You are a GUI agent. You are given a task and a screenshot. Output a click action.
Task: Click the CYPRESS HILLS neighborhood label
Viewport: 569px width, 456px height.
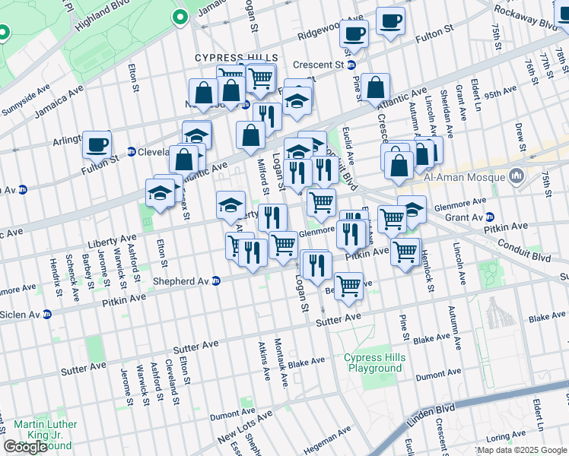pyautogui.click(x=237, y=58)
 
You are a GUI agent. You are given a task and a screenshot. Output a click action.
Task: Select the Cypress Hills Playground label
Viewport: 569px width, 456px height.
pyautogui.click(x=373, y=363)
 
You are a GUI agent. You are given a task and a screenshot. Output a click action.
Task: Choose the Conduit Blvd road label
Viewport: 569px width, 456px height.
pyautogui.click(x=524, y=251)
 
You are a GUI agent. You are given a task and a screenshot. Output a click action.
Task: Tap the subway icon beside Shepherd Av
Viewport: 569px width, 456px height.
pyautogui.click(x=216, y=280)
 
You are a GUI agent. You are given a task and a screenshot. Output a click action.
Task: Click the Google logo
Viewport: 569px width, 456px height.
pyautogui.click(x=25, y=447)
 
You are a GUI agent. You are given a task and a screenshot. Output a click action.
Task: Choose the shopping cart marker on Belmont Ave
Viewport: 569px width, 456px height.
pyautogui.click(x=348, y=286)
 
